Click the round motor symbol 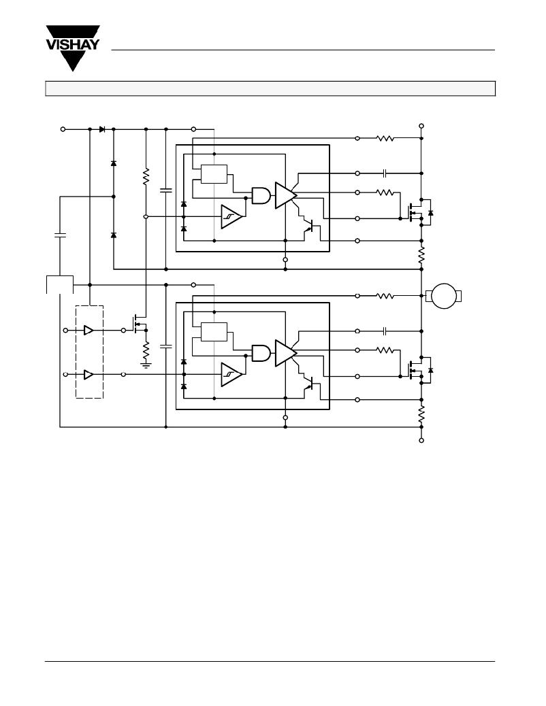click(x=444, y=296)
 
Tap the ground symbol click(x=146, y=365)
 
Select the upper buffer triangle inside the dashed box click(x=89, y=331)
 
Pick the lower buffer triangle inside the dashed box click(x=89, y=375)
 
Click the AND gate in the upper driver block click(x=261, y=195)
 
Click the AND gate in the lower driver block click(x=261, y=353)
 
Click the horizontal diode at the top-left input click(x=102, y=129)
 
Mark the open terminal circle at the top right click(x=421, y=126)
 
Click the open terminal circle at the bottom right click(x=421, y=440)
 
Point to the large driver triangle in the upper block click(x=286, y=195)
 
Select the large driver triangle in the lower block click(x=286, y=353)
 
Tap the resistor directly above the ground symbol click(x=146, y=349)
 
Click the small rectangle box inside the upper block click(x=214, y=174)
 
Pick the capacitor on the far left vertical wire click(x=60, y=235)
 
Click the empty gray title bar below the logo click(x=270, y=88)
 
